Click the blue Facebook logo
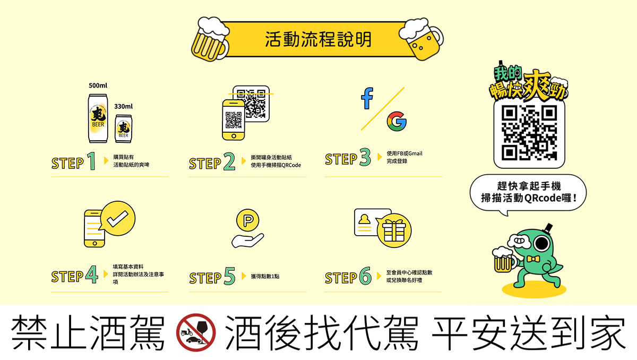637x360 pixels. [367, 98]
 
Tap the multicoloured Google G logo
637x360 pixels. [397, 122]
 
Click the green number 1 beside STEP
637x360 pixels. [91, 161]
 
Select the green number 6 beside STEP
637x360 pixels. [365, 276]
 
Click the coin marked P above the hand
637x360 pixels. [247, 220]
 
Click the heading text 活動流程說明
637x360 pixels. [318, 40]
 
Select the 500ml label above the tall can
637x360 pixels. [98, 85]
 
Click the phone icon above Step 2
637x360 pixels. [233, 120]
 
